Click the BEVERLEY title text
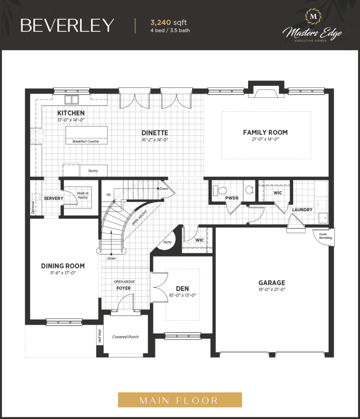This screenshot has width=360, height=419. click(67, 26)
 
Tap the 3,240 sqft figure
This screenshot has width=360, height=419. click(168, 23)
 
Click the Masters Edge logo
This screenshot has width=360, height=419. click(312, 25)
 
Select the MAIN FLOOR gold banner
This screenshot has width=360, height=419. click(180, 400)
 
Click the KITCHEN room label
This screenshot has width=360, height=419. click(71, 113)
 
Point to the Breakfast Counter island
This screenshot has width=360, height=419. click(86, 135)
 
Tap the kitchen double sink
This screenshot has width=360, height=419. click(71, 99)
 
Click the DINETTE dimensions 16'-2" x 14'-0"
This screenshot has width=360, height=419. click(155, 140)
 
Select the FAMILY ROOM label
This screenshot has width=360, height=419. click(265, 132)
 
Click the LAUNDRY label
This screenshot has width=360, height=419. click(302, 210)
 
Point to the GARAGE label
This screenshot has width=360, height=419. click(272, 283)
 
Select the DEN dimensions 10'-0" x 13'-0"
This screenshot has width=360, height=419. click(182, 295)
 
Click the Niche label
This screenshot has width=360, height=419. click(168, 242)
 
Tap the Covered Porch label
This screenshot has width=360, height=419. click(125, 337)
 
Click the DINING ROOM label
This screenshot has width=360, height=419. click(63, 266)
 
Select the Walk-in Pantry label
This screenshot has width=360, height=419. click(82, 195)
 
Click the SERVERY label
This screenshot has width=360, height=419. click(54, 198)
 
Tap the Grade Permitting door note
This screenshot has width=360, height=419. click(326, 236)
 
